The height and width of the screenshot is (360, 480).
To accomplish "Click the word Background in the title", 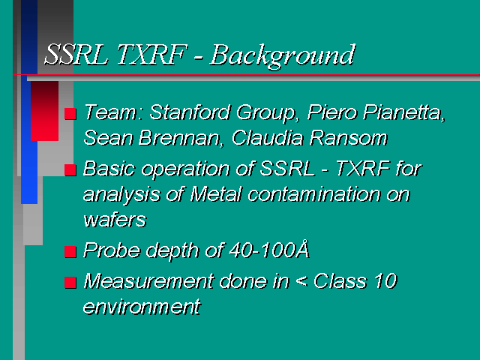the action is tap(283, 56).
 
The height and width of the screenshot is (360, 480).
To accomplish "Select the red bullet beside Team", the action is tap(70, 113).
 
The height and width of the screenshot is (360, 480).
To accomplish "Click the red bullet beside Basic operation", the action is tap(70, 170).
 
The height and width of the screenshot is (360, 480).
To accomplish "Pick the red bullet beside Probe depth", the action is tap(70, 252).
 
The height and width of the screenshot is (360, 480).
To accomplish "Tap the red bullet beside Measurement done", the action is tap(70, 283).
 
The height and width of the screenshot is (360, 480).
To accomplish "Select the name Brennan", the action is tap(180, 138).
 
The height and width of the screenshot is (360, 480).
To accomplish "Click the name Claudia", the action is tap(268, 138).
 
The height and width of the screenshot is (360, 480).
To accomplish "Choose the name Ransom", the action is tap(349, 138).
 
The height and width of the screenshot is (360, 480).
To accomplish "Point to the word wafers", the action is tap(115, 220).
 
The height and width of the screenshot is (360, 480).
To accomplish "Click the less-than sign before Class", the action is tap(301, 281).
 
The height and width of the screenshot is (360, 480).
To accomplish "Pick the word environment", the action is tap(142, 307).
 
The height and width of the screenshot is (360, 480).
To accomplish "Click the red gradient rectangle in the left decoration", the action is tap(44, 111).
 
